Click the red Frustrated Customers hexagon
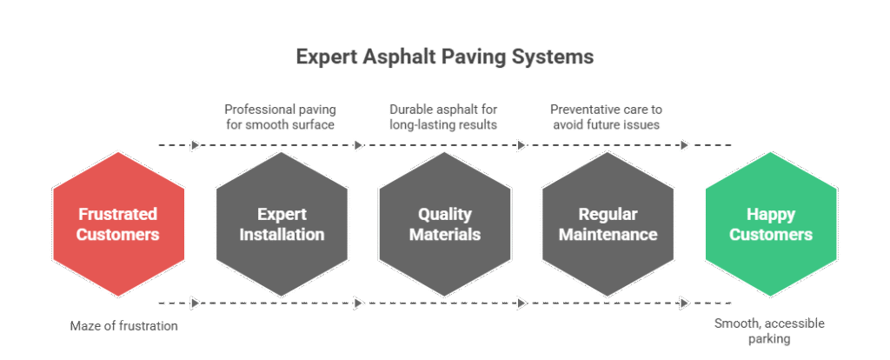point(118,223)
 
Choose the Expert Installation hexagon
point(282,223)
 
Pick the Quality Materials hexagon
point(444,223)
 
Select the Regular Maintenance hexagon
point(608,223)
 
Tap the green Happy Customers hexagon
point(771,223)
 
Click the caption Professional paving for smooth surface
point(280,117)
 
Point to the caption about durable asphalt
point(443,117)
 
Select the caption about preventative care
point(607,117)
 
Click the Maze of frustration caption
point(124,326)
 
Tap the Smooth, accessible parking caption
point(769,331)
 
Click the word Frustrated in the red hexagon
point(118,214)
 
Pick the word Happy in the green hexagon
point(771,214)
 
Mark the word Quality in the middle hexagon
point(444,214)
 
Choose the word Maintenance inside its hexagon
point(608,235)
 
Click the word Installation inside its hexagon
point(282,235)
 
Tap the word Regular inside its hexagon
point(608,214)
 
